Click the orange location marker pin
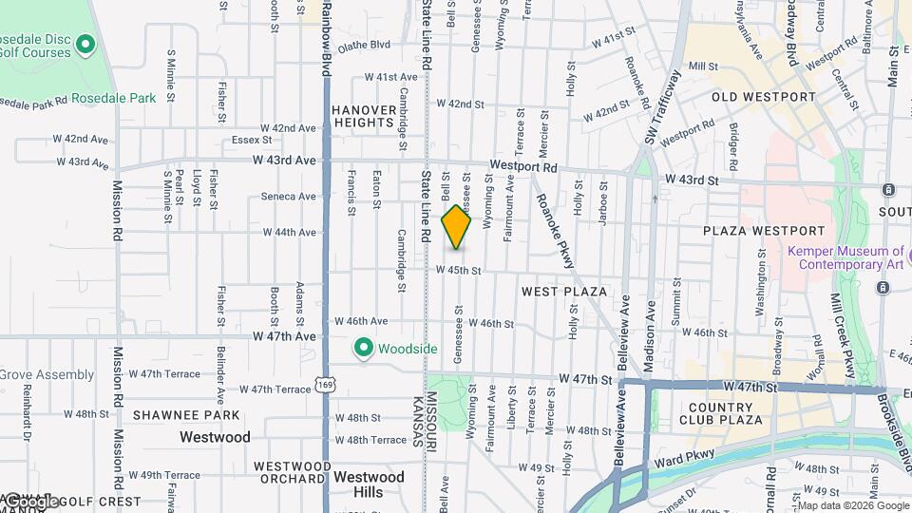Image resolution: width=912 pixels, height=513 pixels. coord(456,228)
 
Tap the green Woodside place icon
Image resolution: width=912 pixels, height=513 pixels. coord(362,349)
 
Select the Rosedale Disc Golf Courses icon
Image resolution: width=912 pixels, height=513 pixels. coord(85,45)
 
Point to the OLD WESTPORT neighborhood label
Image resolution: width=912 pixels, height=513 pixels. coord(764,97)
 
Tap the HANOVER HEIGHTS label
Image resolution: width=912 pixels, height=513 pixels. coord(364,116)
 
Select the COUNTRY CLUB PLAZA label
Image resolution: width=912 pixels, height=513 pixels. coord(722,413)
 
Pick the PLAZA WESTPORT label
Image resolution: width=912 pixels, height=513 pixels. coord(764,231)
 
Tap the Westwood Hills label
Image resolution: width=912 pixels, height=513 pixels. coord(370,484)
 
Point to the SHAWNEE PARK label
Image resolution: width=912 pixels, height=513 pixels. coord(187,415)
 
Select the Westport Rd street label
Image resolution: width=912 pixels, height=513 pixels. coord(523,166)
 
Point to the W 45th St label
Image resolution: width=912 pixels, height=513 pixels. coord(459,270)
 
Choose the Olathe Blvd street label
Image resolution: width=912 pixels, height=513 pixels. coord(365,45)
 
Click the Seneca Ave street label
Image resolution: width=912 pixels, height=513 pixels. coord(288,197)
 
